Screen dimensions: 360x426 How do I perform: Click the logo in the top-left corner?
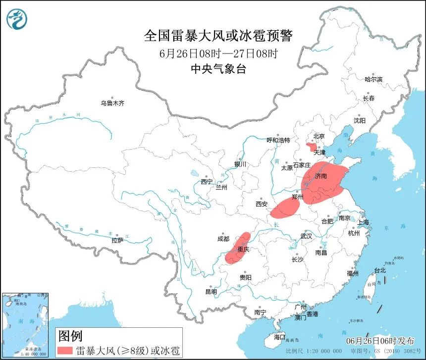click(17, 18)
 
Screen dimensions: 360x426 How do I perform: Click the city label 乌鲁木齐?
click(112, 103)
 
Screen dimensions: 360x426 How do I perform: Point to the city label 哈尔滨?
click(373, 79)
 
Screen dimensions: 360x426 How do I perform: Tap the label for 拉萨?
click(117, 241)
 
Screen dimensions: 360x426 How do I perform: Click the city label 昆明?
click(211, 292)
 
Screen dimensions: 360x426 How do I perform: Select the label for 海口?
click(280, 337)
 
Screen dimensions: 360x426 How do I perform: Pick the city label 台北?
click(379, 271)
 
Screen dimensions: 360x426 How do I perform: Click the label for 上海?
click(363, 222)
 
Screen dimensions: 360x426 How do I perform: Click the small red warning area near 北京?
click(312, 147)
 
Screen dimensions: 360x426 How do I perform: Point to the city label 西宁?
click(207, 182)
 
